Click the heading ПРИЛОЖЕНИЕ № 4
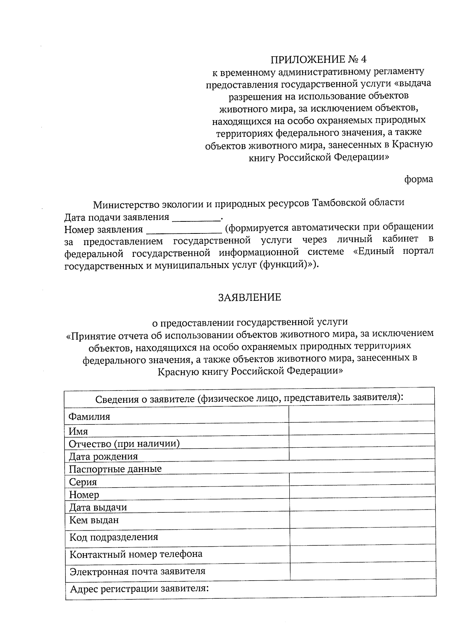[318, 59]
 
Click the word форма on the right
[418, 179]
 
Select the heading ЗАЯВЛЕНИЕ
[250, 297]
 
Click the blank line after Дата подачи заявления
[196, 218]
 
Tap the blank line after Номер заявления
[183, 229]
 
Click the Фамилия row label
[89, 417]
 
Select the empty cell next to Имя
[362, 429]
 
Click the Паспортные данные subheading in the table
[115, 469]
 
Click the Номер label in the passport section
[84, 495]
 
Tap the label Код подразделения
[113, 537]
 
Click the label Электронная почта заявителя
[137, 571]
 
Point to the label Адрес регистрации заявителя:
[139, 588]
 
